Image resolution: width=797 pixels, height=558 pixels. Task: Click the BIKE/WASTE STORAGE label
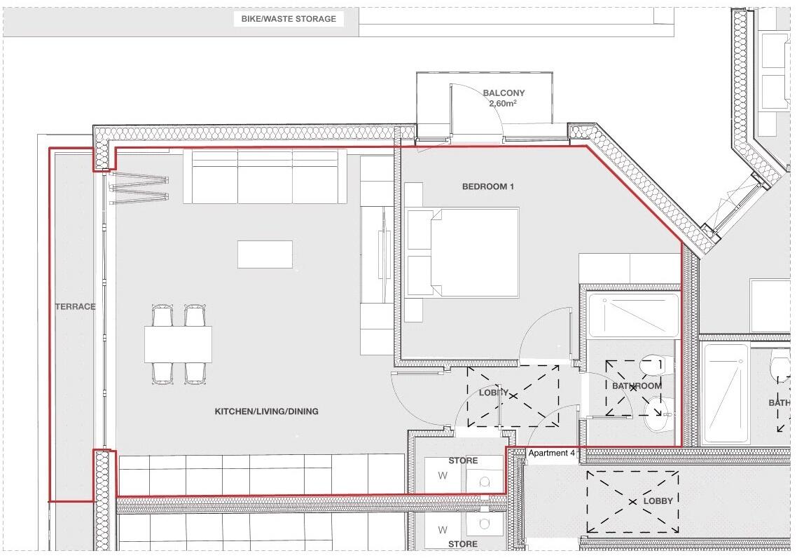pos(289,19)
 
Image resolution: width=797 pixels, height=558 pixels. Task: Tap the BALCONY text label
pos(503,93)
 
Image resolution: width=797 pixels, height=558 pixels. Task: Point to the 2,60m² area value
pos(503,104)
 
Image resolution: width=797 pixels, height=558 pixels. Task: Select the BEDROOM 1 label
pos(487,186)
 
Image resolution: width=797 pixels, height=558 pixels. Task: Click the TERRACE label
pos(76,306)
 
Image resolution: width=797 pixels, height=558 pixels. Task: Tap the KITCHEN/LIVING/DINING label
pos(266,411)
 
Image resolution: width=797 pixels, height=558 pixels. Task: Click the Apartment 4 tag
pos(551,454)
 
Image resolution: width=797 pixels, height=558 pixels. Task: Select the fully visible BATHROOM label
pos(637,386)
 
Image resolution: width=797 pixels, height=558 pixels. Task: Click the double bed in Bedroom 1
pos(464,252)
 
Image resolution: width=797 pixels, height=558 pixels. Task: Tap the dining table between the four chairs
pos(178,344)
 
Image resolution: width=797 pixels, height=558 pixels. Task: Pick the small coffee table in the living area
pos(265,254)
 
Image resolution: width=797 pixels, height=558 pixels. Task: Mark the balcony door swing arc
pos(483,105)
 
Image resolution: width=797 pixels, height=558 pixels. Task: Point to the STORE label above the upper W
pos(463,461)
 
